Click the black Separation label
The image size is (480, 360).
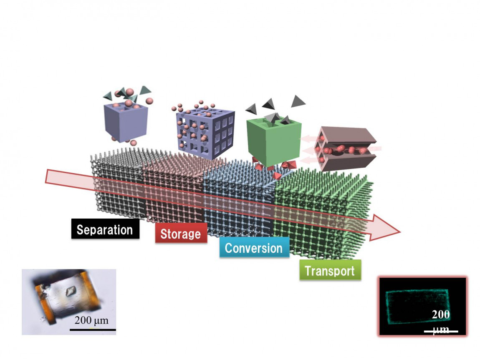tap(105, 229)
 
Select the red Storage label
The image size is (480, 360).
tap(181, 234)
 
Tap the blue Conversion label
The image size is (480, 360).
tap(254, 248)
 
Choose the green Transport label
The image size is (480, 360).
tap(330, 270)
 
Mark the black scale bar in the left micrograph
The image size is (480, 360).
tap(92, 330)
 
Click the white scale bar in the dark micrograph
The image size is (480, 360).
tap(441, 332)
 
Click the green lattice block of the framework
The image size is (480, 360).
tap(321, 209)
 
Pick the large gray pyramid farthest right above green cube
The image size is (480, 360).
tap(298, 101)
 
